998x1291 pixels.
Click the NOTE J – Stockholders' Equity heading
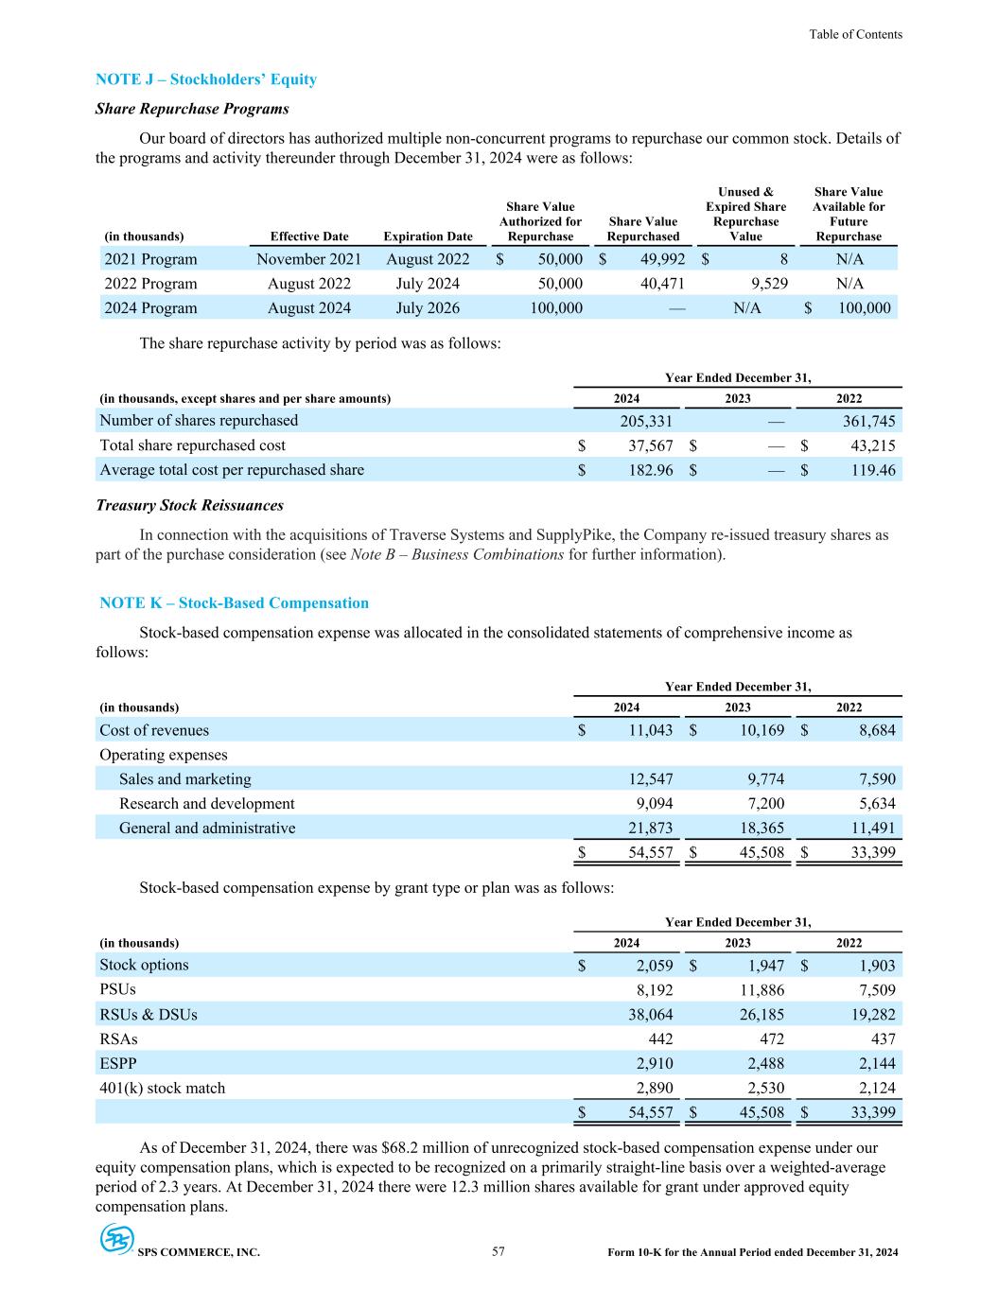tap(206, 79)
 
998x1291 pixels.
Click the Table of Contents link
tap(855, 34)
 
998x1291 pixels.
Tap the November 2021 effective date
tap(308, 259)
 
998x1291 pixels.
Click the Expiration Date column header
tap(428, 237)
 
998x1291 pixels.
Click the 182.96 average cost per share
tap(647, 470)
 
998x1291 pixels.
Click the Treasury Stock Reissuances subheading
tap(189, 505)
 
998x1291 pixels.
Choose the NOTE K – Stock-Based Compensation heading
tap(234, 603)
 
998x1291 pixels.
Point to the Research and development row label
tap(206, 804)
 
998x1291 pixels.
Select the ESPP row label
tap(117, 1064)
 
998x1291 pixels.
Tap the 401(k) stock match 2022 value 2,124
tap(871, 1089)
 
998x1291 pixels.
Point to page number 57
tap(499, 1252)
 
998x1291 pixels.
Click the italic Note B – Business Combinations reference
tap(457, 554)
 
